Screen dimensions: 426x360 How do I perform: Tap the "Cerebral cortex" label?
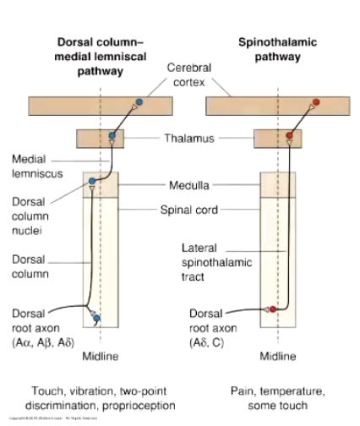click(189, 74)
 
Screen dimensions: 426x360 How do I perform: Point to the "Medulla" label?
click(188, 183)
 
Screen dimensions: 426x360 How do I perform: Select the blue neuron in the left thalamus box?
click(113, 135)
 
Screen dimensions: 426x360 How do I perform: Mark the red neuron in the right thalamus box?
click(289, 135)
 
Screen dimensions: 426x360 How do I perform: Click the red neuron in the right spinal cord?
click(272, 309)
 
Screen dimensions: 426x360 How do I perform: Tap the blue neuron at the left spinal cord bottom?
click(97, 318)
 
